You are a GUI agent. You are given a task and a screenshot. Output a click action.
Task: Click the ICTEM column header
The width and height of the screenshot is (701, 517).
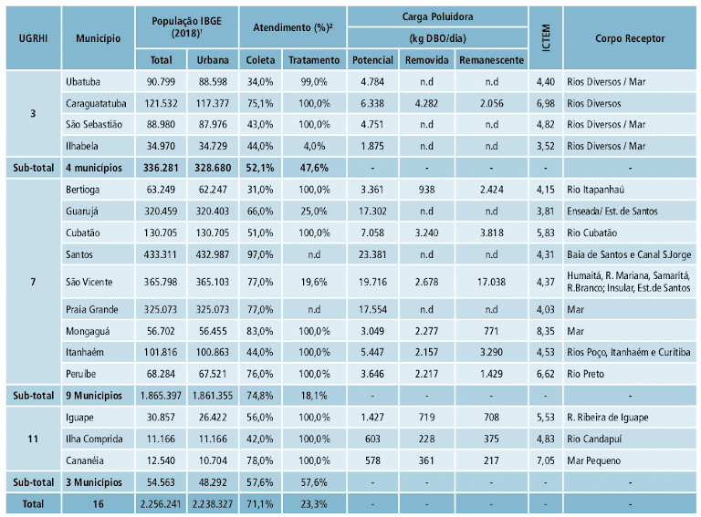coord(545,38)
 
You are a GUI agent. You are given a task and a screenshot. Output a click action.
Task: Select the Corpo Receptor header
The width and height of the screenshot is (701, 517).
coord(629,39)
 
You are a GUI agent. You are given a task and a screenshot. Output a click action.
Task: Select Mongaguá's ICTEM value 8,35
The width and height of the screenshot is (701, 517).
coord(545,331)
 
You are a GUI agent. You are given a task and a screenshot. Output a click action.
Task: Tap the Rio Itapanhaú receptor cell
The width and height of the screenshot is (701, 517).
coord(596,189)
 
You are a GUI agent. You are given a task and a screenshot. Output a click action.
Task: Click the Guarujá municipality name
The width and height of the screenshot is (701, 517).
coord(83,211)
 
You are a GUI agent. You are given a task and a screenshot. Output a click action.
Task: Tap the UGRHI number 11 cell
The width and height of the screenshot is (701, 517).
coord(33,438)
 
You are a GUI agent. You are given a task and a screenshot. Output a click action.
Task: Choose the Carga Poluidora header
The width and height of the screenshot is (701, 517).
coord(437,17)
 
